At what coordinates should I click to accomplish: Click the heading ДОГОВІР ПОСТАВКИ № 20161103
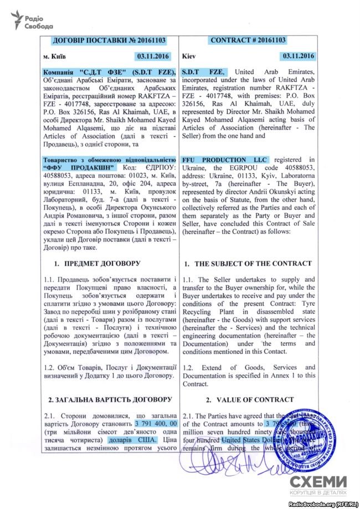coord(109,40)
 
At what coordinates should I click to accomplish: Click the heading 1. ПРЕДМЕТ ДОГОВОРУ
coord(96,263)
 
